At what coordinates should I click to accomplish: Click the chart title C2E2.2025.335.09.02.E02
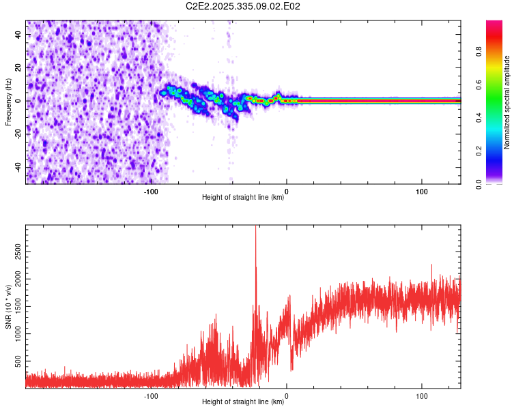[x=244, y=6]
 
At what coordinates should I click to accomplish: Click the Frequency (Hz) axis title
[x=8, y=102]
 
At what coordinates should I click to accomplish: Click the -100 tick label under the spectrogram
[x=151, y=192]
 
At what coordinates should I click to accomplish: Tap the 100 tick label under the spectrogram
[x=422, y=192]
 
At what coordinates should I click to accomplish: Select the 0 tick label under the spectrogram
[x=287, y=192]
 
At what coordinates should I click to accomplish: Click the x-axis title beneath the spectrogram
[x=243, y=198]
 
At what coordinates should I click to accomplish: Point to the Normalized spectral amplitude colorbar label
[x=507, y=102]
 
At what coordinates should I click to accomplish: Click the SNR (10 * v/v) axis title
[x=8, y=307]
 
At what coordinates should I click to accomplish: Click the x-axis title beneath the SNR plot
[x=243, y=402]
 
